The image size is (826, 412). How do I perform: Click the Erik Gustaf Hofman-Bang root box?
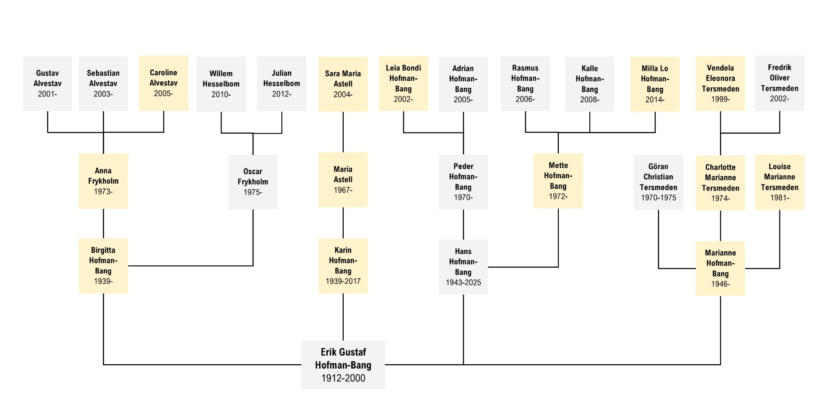coord(343,365)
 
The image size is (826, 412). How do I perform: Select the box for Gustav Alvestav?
coord(47,83)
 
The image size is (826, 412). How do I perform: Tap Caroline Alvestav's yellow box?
coord(163,83)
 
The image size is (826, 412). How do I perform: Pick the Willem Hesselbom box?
coord(221,84)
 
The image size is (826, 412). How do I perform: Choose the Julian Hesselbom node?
coord(282,83)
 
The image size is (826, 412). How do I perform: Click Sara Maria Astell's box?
coord(343,84)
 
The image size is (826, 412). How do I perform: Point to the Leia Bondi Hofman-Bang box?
coord(404,83)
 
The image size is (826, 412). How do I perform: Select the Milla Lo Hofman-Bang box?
coord(655,84)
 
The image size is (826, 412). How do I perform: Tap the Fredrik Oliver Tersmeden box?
coord(780,83)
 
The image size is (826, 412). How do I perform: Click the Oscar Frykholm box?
coord(253,182)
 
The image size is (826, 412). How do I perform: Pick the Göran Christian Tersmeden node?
coord(658,182)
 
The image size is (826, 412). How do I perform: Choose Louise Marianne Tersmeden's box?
coord(780,182)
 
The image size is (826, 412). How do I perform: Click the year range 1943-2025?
coord(463,283)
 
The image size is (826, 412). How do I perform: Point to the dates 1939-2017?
coord(343,281)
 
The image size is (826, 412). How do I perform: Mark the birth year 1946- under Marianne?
coord(721,284)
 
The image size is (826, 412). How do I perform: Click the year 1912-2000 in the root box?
coord(343,378)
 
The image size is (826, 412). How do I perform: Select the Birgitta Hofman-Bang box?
coord(103,266)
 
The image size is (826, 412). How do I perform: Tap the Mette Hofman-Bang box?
coord(558,181)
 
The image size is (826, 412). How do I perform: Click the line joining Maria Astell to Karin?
coord(343,223)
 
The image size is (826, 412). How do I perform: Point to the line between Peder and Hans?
coord(463,224)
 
